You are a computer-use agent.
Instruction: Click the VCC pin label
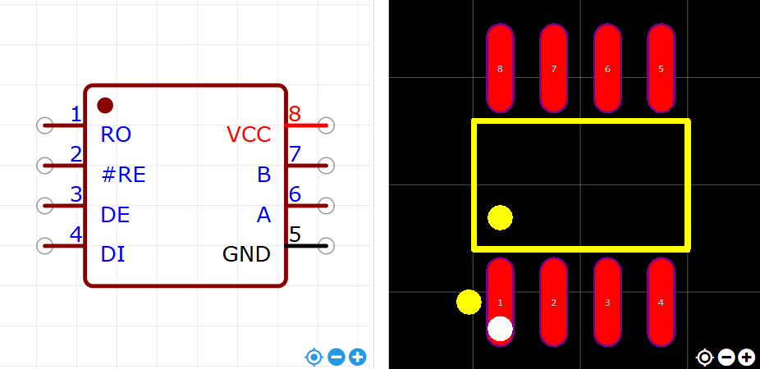tap(248, 134)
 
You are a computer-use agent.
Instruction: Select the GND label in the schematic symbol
tap(246, 254)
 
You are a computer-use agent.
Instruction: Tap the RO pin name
tap(116, 134)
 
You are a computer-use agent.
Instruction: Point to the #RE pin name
tap(123, 175)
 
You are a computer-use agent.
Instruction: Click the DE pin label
tap(115, 215)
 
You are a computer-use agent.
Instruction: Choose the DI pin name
tap(112, 254)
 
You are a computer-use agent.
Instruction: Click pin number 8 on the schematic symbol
tap(295, 114)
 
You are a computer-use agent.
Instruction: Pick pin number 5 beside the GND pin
tap(295, 235)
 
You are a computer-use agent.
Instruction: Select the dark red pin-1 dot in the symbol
tap(105, 105)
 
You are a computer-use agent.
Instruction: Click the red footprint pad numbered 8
tap(500, 68)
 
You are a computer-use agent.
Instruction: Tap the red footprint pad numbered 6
tap(607, 68)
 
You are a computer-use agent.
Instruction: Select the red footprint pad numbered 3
tap(607, 303)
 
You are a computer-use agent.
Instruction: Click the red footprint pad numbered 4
tap(661, 303)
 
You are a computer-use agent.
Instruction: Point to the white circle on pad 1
tap(500, 329)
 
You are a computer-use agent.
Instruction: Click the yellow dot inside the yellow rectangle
tap(500, 217)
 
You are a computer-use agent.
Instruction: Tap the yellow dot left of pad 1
tap(469, 302)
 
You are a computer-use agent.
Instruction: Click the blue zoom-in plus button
tap(358, 357)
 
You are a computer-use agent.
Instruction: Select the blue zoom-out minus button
tap(336, 357)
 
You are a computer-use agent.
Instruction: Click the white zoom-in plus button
tap(746, 357)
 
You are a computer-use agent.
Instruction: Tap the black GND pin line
tap(308, 245)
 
